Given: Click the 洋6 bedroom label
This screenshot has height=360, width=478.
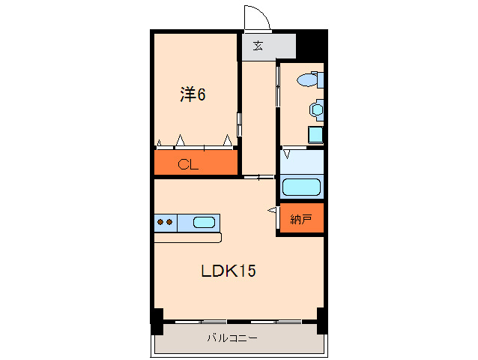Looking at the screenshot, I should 193,94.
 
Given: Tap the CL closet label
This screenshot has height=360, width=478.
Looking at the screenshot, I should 187,165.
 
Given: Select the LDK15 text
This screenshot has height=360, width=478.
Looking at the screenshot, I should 228,271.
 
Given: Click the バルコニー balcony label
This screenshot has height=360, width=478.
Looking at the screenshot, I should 232,338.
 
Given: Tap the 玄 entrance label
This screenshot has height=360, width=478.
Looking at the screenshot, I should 258,46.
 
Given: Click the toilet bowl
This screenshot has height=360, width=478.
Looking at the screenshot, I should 309,79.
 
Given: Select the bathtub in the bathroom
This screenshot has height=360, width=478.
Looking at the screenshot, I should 301,187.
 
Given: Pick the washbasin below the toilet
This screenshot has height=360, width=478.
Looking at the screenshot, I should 316,109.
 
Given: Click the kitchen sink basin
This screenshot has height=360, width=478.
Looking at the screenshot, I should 204,222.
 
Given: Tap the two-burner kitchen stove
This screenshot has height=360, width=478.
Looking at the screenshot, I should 165,222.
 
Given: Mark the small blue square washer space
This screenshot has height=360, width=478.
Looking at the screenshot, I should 315,135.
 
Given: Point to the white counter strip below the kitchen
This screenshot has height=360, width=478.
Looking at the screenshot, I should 188,238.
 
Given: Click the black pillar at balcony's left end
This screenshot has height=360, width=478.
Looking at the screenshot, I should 157,320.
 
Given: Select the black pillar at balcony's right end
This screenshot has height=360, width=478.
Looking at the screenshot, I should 321,320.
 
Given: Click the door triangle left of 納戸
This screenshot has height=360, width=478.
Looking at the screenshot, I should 272,212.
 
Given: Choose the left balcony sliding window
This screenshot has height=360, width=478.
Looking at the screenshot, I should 202,322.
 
